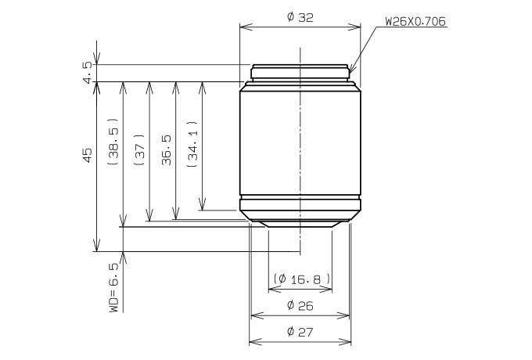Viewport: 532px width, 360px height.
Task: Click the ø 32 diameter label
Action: pyautogui.click(x=300, y=17)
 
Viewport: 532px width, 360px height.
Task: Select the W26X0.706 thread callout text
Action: pyautogui.click(x=415, y=21)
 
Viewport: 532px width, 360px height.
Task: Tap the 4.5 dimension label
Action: pyautogui.click(x=88, y=72)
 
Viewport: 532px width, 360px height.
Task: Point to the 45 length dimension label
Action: pyautogui.click(x=88, y=155)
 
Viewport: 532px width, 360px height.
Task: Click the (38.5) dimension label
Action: pyautogui.click(x=113, y=142)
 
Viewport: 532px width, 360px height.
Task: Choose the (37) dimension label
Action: pyautogui.click(x=140, y=149)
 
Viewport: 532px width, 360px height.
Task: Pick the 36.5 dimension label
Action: pyautogui.click(x=166, y=150)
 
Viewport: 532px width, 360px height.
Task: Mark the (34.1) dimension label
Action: pyautogui.click(x=192, y=144)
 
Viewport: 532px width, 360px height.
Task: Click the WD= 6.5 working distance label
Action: pyautogui.click(x=114, y=288)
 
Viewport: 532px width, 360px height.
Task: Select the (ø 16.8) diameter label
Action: pyautogui.click(x=302, y=279)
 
